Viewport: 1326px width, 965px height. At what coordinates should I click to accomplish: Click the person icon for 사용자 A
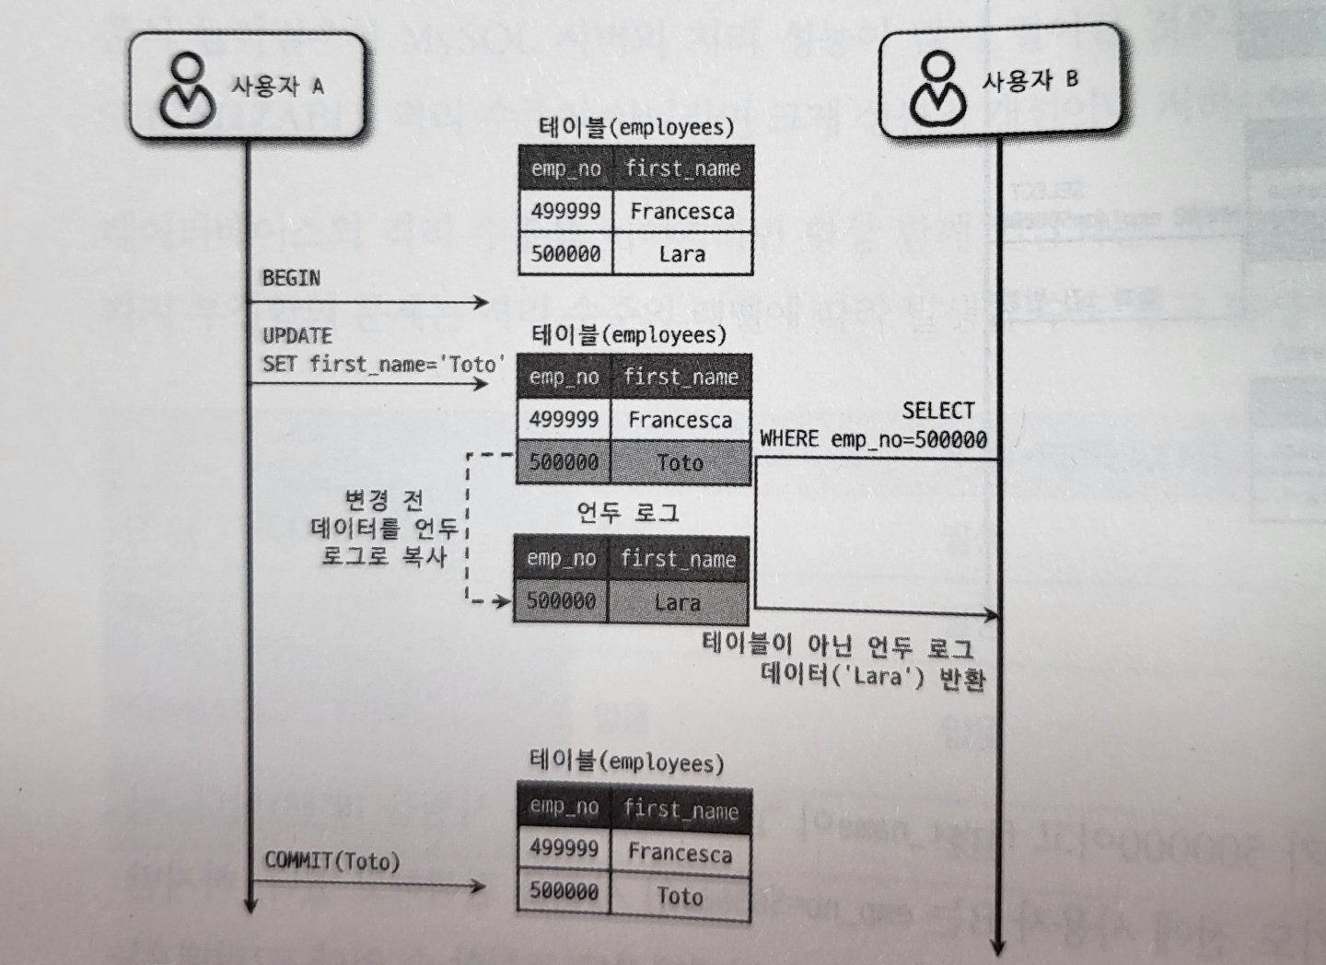point(188,89)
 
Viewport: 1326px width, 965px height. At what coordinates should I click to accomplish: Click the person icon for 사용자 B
point(938,88)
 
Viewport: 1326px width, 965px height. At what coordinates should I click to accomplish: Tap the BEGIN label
point(291,278)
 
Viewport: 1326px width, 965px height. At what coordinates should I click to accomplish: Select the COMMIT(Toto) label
point(332,861)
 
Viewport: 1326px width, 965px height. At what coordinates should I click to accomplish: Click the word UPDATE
point(297,336)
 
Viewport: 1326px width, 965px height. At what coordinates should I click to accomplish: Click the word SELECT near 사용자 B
point(937,411)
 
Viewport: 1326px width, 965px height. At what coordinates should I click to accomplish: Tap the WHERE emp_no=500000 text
point(873,439)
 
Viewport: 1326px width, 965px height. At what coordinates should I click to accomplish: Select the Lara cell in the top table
point(681,254)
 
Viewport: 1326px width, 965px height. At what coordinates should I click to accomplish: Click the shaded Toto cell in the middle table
point(680,462)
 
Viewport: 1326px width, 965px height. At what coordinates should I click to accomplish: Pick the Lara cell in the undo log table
point(678,602)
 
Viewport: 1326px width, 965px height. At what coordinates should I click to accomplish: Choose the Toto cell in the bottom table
point(680,896)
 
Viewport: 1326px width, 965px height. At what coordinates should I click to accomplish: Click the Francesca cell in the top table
point(681,211)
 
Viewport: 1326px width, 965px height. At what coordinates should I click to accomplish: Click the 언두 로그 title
point(628,512)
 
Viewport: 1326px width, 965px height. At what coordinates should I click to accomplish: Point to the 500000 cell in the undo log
point(561,601)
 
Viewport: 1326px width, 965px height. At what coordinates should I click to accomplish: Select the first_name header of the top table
point(682,169)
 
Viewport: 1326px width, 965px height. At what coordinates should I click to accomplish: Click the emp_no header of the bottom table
point(564,808)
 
